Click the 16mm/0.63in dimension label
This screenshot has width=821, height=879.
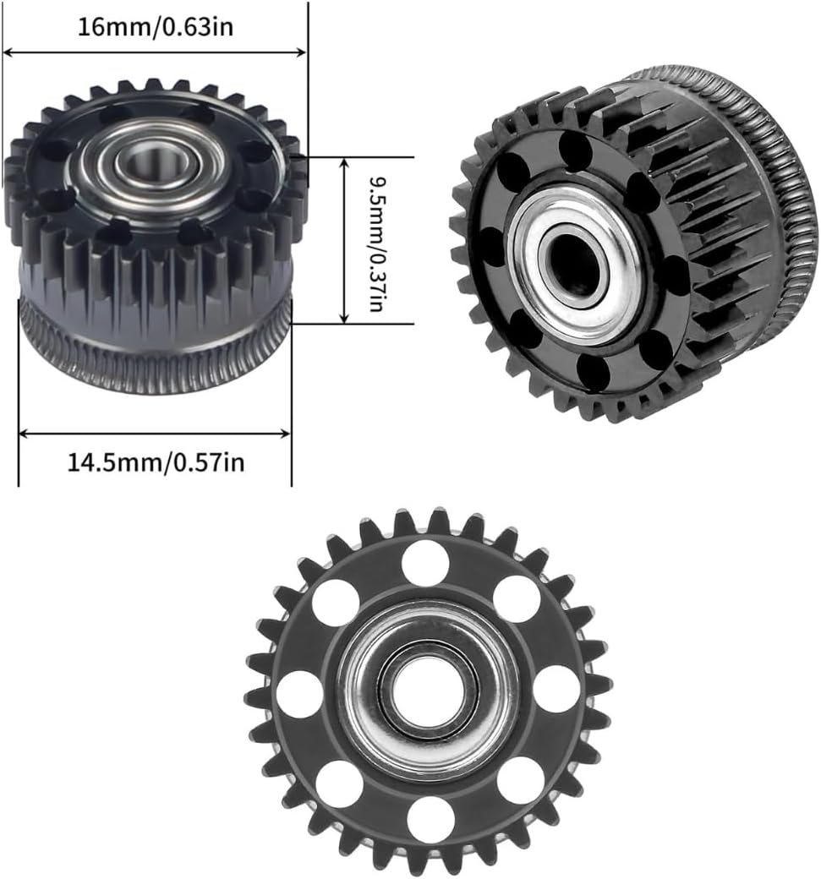pos(156,26)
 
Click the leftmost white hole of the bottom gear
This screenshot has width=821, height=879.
pos(299,694)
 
